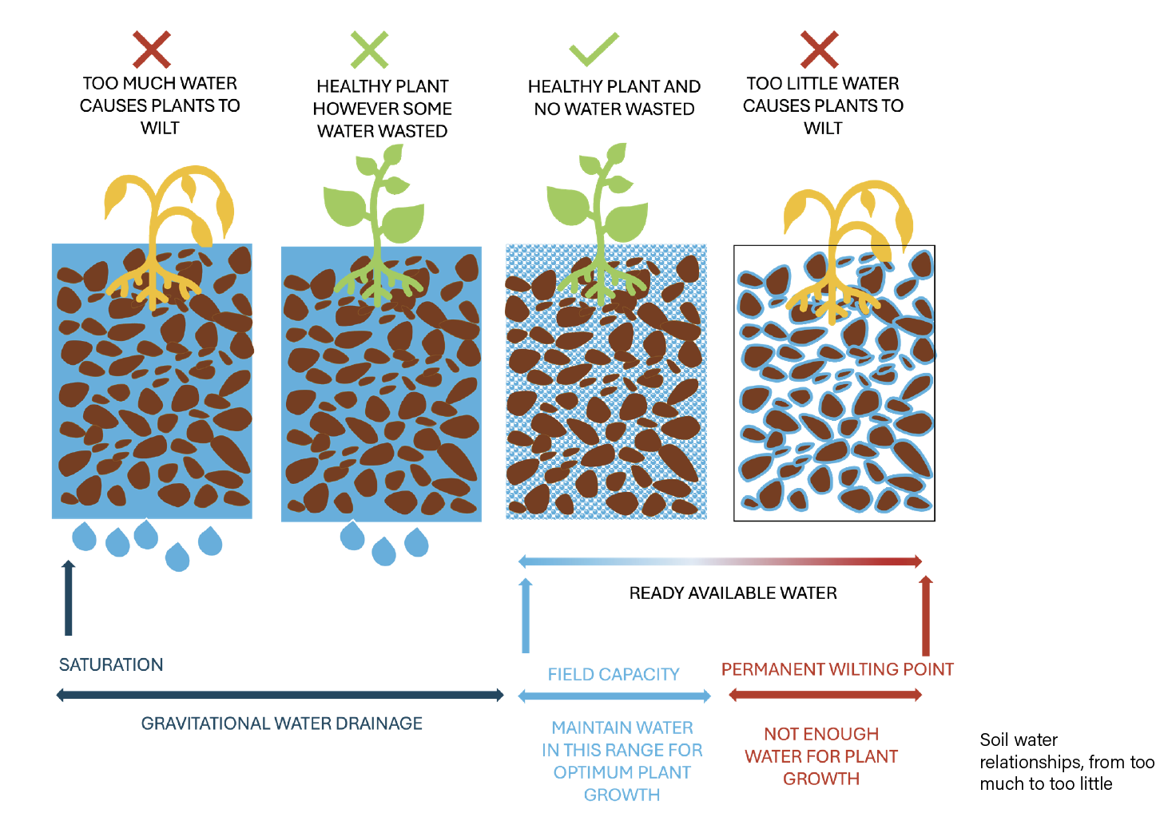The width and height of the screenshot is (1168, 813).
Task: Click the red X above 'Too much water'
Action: pyautogui.click(x=152, y=50)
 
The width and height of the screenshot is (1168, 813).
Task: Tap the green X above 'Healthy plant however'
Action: pyautogui.click(x=369, y=50)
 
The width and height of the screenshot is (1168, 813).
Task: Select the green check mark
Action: pyautogui.click(x=594, y=50)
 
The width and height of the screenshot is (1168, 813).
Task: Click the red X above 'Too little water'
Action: pyautogui.click(x=819, y=50)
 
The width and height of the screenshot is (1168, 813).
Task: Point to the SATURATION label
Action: pyautogui.click(x=111, y=664)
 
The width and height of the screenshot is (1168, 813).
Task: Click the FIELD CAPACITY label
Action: pyautogui.click(x=614, y=675)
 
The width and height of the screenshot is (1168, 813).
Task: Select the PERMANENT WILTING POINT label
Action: pyautogui.click(x=837, y=669)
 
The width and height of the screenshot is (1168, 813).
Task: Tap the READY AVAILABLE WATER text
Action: pyautogui.click(x=733, y=593)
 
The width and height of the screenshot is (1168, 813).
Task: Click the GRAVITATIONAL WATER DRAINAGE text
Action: pyautogui.click(x=281, y=724)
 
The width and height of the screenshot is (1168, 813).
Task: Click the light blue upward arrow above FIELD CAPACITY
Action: pyautogui.click(x=526, y=615)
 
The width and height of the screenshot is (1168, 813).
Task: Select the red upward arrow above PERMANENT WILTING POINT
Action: pyautogui.click(x=926, y=615)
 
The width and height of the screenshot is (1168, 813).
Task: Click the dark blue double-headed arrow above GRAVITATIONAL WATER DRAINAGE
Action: pyautogui.click(x=280, y=695)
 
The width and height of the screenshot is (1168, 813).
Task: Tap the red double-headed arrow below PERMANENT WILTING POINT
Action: pyautogui.click(x=825, y=695)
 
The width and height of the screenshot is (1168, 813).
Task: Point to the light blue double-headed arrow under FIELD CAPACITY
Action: pyautogui.click(x=614, y=696)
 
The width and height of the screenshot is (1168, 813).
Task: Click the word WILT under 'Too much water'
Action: pyautogui.click(x=160, y=128)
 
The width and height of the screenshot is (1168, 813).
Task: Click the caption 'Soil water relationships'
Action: pyautogui.click(x=1066, y=762)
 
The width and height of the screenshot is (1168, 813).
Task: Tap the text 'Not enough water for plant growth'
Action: pyautogui.click(x=821, y=756)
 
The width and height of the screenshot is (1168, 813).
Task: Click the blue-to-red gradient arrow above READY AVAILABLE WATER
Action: pyautogui.click(x=721, y=561)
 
